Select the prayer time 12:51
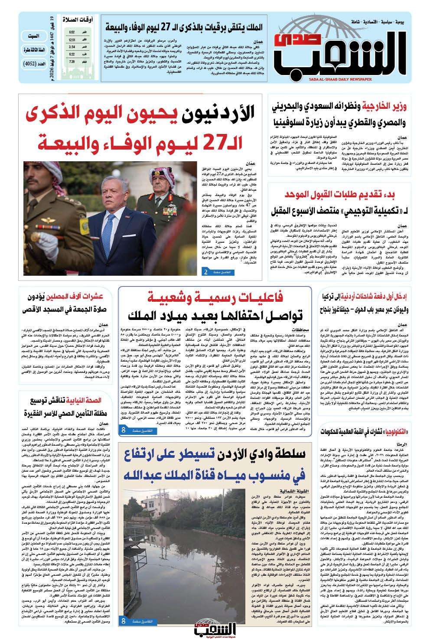[72, 39]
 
